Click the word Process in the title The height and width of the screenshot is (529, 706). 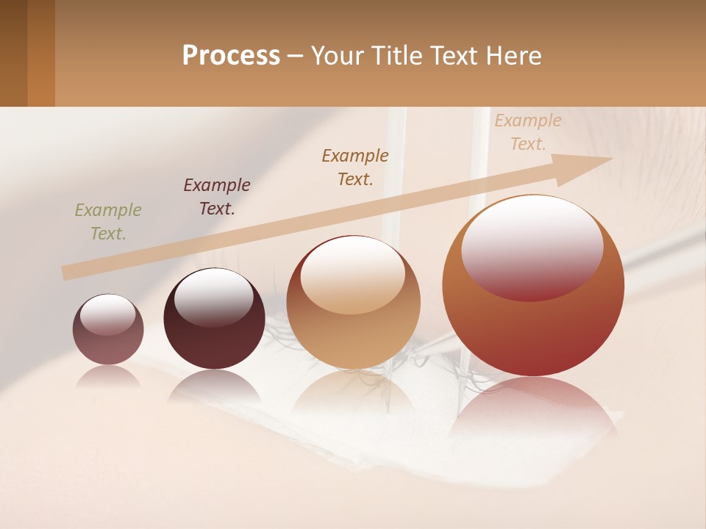231,56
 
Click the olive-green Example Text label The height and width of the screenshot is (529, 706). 108,222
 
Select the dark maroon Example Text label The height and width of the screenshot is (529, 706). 217,197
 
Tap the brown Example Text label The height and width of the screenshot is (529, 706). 355,168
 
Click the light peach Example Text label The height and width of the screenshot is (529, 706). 528,132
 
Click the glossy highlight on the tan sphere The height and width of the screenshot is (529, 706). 352,274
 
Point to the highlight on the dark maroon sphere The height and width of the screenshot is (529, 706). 213,297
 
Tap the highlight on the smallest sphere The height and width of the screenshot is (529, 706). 108,315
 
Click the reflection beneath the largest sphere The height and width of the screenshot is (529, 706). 533,408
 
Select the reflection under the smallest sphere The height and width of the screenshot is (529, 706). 108,377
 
